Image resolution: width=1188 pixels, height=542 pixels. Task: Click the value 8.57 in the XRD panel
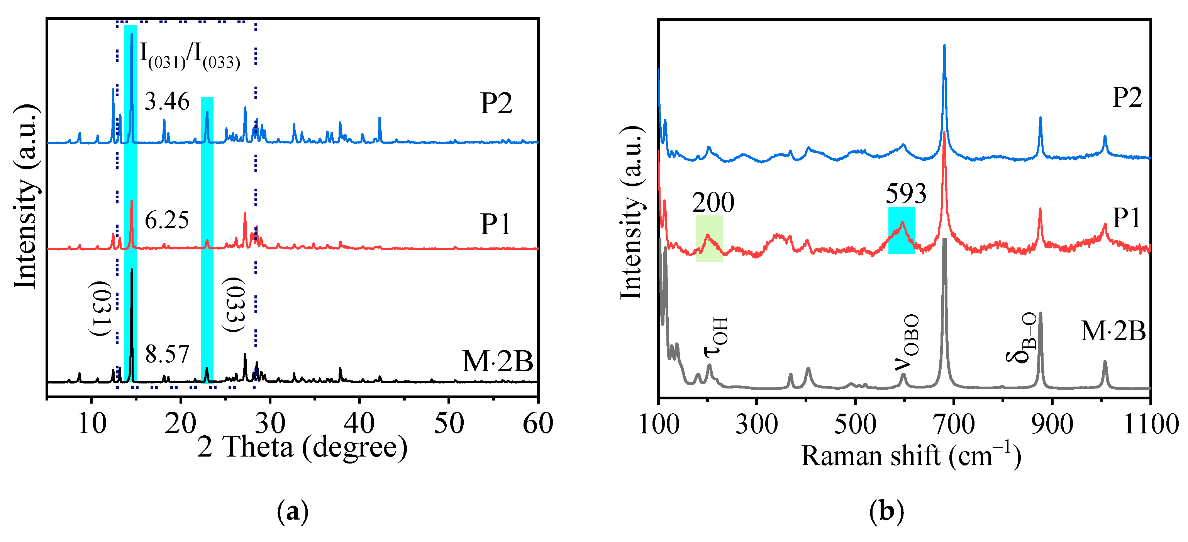point(167,355)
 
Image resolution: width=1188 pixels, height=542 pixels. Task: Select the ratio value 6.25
point(166,220)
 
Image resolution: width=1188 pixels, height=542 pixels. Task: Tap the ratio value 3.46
point(166,102)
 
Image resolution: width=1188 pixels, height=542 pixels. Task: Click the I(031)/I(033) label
point(190,56)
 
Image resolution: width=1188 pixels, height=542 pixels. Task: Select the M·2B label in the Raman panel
point(1113,331)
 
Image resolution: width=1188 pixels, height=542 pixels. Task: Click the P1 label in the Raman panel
point(1127,218)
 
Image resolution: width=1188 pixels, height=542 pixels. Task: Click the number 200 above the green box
point(713,203)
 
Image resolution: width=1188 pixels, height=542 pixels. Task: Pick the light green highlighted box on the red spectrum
point(709,239)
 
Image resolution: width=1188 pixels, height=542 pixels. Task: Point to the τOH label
point(716,337)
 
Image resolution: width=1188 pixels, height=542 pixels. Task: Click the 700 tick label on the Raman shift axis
point(954,424)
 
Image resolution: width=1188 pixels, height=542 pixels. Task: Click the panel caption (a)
point(292,511)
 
